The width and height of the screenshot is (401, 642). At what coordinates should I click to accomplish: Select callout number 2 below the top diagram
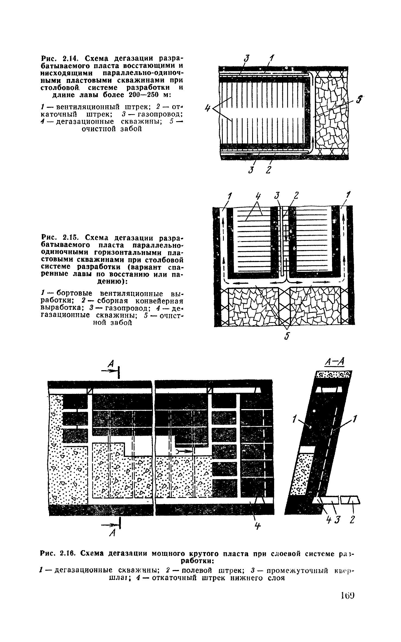click(268, 170)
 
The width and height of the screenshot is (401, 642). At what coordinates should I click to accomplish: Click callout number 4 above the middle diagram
click(258, 196)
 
